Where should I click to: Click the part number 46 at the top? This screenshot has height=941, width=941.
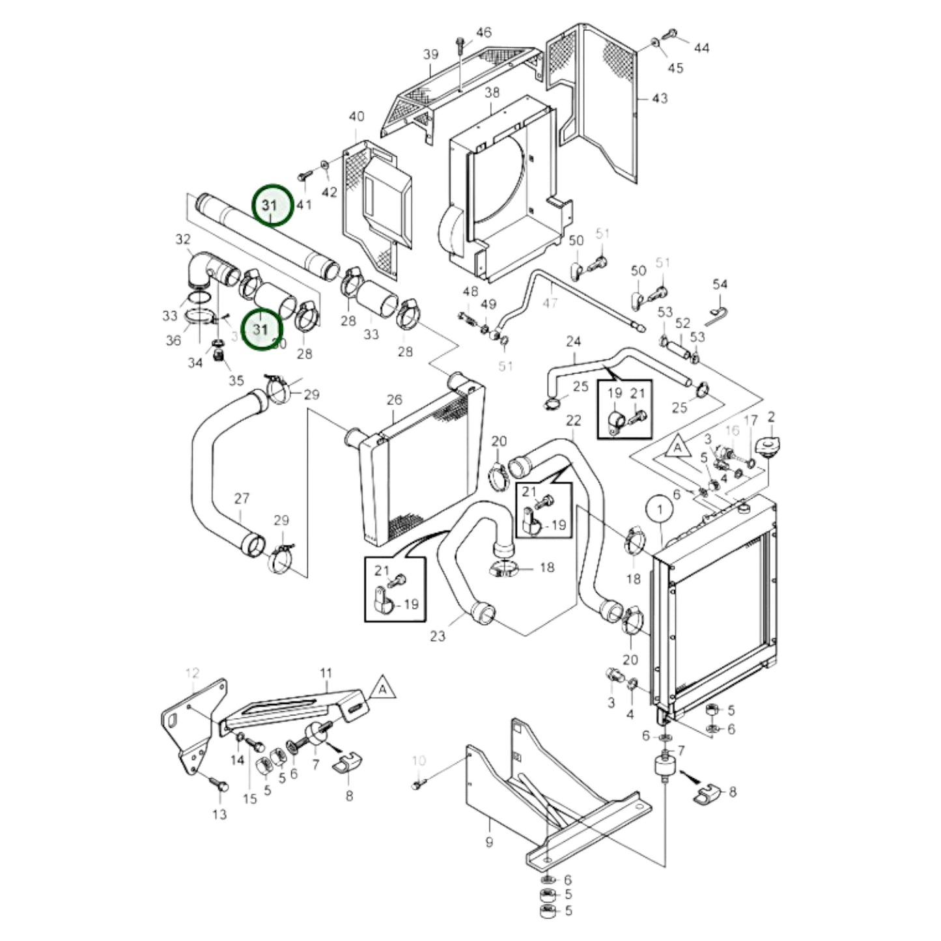483,32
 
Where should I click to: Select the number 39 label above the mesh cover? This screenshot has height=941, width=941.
431,55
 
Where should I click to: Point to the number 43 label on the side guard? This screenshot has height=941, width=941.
659,98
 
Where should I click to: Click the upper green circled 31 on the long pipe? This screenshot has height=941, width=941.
270,204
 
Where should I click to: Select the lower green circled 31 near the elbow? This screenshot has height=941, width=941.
260,330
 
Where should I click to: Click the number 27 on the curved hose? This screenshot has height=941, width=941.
242,499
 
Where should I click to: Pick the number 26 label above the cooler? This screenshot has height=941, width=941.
395,400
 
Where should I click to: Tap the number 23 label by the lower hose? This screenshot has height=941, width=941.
437,635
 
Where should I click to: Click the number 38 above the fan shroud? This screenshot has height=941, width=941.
492,92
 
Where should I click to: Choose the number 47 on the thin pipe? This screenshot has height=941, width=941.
550,302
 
